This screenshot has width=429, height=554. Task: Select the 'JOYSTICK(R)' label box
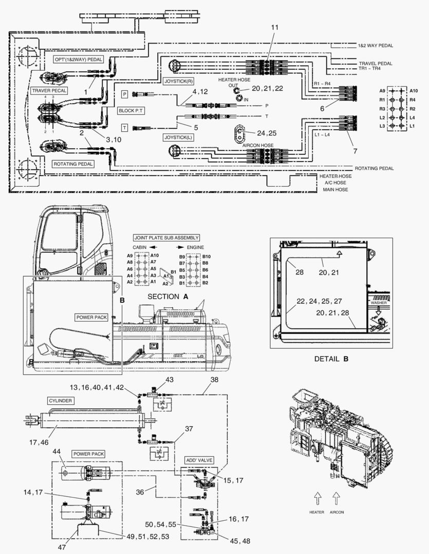point(178,82)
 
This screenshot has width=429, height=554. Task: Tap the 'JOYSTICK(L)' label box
point(178,138)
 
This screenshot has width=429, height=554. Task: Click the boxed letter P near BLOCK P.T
point(124,94)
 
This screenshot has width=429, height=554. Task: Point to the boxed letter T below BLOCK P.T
point(124,127)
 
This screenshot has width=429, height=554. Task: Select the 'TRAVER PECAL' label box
point(49,91)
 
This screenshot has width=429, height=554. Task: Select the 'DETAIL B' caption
point(331,359)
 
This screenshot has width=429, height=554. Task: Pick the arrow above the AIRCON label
point(337,497)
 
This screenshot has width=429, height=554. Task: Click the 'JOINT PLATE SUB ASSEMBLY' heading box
point(166,238)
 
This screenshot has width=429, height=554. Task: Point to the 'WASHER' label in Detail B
point(379,303)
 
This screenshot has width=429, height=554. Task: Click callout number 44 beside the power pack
point(57,451)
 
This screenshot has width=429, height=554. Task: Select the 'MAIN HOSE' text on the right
point(335,190)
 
